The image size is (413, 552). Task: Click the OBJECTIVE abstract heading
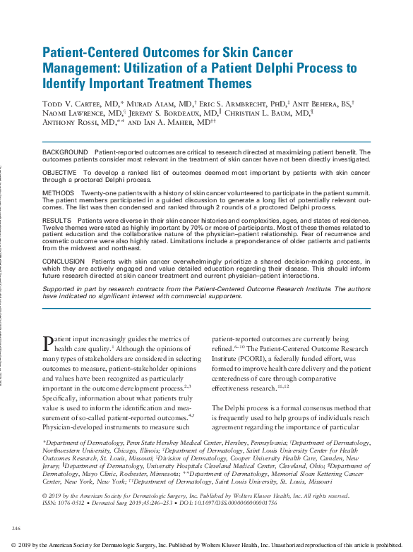tap(61, 172)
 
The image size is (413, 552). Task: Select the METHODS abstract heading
tap(58, 192)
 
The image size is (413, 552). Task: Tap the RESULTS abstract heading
tap(57, 221)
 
